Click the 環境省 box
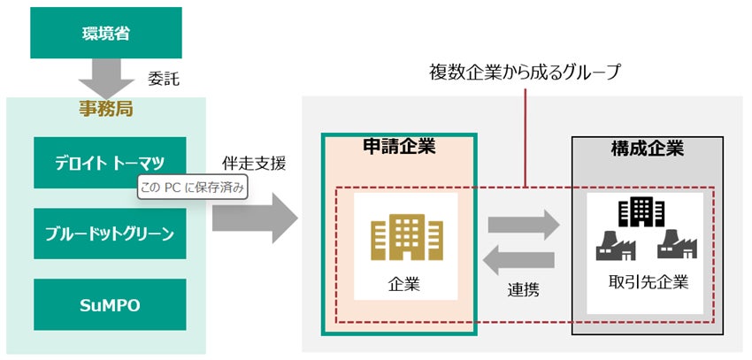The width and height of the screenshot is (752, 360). coord(105,34)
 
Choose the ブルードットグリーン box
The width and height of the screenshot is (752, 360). coord(105,234)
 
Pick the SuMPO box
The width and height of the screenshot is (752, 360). coord(105,305)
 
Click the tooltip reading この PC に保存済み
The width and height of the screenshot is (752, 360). coord(189,188)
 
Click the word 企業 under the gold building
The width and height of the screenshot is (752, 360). coord(403,285)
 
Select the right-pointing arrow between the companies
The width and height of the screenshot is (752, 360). coord(524,224)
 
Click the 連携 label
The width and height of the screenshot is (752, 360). coord(523,288)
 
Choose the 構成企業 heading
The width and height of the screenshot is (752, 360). coord(648,149)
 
